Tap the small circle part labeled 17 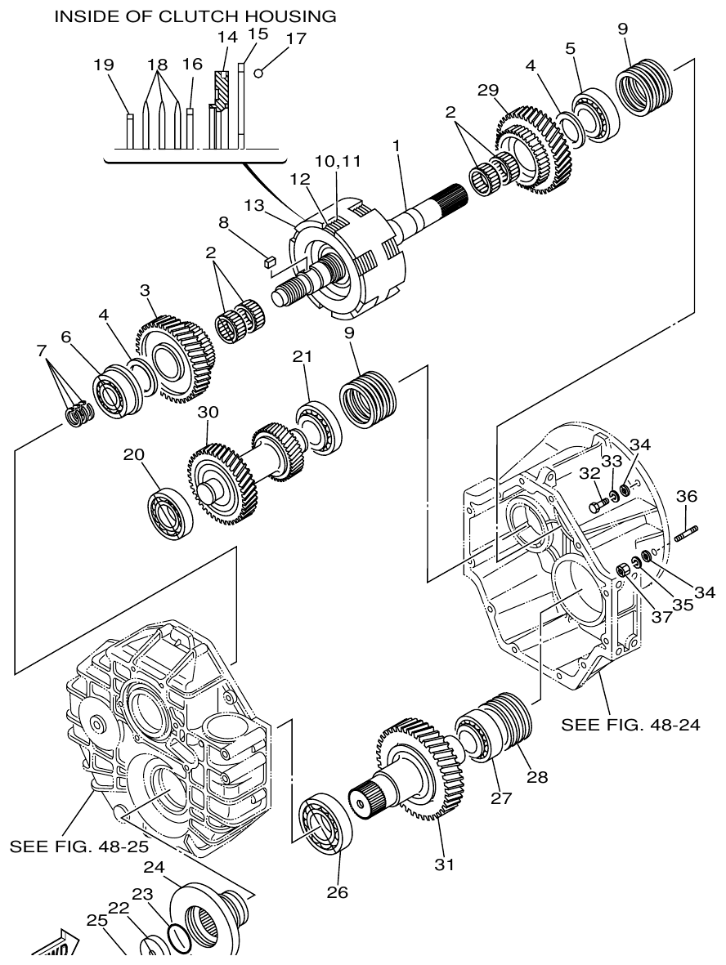tap(258, 73)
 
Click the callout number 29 tap(488, 91)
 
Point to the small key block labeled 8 tap(267, 261)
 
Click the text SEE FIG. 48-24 tap(630, 724)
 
